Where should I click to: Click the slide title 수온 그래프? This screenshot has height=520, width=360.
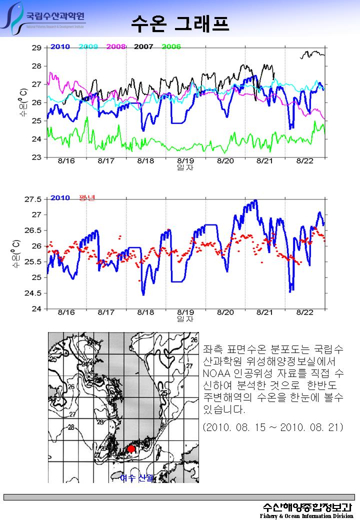click(180, 23)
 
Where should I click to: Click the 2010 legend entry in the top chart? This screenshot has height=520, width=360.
click(60, 46)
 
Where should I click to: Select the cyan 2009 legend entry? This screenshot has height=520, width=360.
click(88, 46)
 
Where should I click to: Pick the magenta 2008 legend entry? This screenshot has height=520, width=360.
click(115, 46)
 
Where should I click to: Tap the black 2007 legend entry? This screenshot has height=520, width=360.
click(143, 46)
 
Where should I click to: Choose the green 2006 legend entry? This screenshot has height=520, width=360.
click(171, 46)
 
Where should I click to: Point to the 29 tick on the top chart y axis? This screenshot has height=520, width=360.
click(36, 48)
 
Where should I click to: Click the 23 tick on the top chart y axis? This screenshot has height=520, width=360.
click(36, 157)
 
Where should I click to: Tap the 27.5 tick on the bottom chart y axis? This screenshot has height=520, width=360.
click(33, 199)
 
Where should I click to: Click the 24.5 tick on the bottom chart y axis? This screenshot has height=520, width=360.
click(33, 293)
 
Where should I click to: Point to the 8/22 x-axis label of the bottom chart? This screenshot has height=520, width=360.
click(305, 312)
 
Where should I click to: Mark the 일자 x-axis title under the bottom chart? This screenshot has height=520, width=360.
click(185, 318)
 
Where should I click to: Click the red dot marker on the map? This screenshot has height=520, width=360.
click(131, 448)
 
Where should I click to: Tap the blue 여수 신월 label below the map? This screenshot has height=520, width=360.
click(136, 478)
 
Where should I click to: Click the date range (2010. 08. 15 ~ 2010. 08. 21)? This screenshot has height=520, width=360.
click(273, 428)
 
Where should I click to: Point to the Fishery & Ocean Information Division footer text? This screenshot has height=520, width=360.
click(306, 516)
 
